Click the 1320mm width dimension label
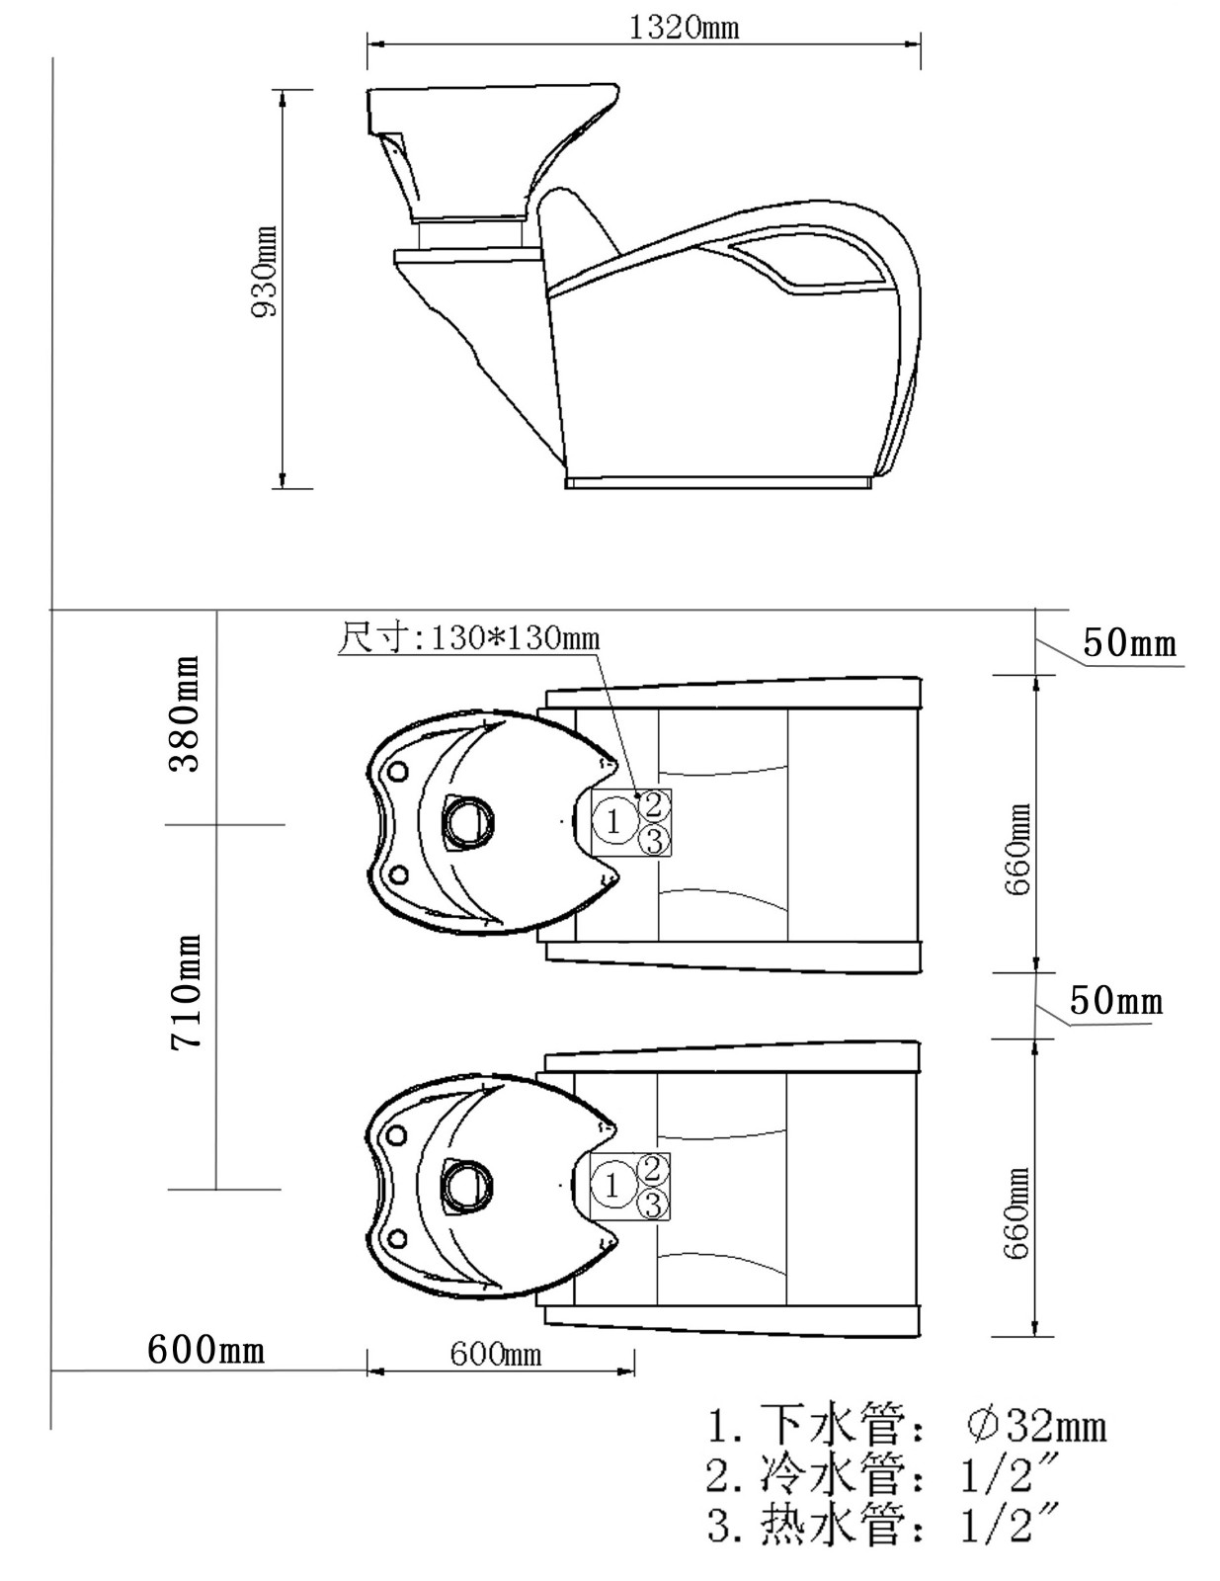[684, 27]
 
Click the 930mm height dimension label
[265, 271]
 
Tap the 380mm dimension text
[186, 713]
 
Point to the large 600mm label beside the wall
[205, 1349]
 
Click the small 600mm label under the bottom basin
[495, 1353]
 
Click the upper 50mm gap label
[1130, 643]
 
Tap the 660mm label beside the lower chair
[1018, 1213]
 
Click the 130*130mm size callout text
[469, 638]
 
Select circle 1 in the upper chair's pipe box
[614, 821]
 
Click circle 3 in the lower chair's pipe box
[652, 1204]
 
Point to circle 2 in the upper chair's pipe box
[653, 803]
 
